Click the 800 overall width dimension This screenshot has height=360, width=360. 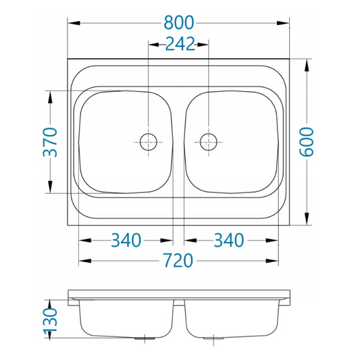click(179, 22)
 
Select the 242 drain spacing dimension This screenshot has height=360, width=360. click(180, 44)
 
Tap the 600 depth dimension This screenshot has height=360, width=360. click(307, 142)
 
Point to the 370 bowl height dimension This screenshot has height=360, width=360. click(50, 142)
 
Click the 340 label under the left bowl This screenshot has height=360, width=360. click(126, 240)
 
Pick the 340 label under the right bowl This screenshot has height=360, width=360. click(229, 240)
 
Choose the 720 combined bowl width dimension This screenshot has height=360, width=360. click(178, 260)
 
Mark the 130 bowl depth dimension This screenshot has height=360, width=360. click(50, 320)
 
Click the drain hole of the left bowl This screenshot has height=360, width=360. click(149, 142)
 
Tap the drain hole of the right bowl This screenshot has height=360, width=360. click(209, 142)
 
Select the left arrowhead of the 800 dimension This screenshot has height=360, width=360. click(74, 23)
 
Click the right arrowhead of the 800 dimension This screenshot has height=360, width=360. click(283, 23)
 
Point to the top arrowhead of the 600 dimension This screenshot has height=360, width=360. click(307, 66)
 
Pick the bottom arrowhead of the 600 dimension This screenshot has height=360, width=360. click(307, 219)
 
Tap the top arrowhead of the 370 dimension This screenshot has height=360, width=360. click(50, 97)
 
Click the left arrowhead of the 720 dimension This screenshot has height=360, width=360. click(85, 261)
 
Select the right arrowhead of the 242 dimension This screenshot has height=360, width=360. click(203, 45)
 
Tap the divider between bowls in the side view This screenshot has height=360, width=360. click(179, 303)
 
